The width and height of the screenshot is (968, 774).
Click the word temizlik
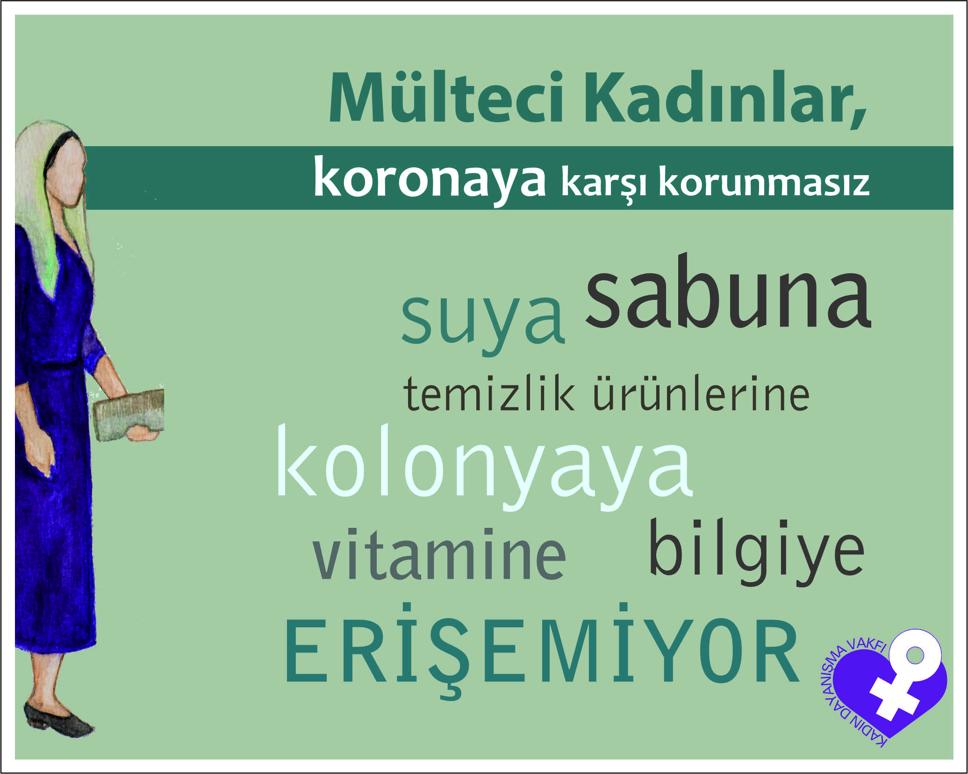coord(489,393)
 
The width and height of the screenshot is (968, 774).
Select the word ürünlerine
coord(701,392)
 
